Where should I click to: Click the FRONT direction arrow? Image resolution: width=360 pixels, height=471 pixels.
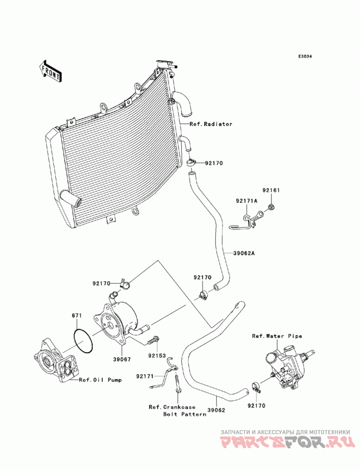point(50,72)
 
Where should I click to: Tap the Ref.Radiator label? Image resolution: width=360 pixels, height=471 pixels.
point(211,124)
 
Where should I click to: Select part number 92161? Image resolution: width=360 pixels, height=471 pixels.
point(271,190)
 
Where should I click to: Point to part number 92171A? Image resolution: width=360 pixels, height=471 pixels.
point(247,201)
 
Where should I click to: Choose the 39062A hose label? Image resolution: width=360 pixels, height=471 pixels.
point(244,253)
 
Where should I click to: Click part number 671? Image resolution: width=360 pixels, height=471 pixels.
point(76,316)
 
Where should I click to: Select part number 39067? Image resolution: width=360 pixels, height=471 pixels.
point(122,359)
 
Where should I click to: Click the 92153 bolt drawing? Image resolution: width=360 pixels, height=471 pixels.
point(153,341)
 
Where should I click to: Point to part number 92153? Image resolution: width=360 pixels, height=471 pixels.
point(157,356)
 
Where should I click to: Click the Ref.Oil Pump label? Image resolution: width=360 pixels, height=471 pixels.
point(100,380)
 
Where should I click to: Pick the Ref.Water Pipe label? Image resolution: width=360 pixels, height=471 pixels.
point(277,336)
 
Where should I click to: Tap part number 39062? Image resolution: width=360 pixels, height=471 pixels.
point(216,410)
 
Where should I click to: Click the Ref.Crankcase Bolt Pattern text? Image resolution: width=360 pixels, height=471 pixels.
point(178,411)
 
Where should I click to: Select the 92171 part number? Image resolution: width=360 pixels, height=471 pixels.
point(145,376)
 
